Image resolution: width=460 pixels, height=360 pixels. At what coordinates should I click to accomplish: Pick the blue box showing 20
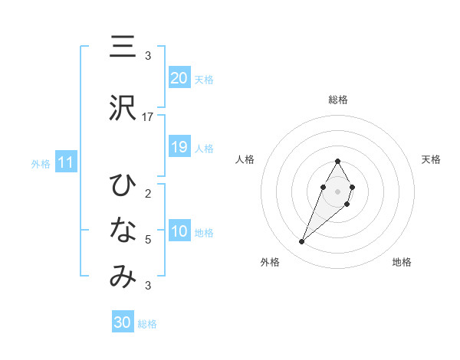pyautogui.click(x=179, y=78)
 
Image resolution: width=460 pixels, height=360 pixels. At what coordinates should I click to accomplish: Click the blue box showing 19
pyautogui.click(x=179, y=147)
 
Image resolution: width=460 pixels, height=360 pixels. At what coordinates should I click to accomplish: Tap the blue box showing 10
pyautogui.click(x=179, y=231)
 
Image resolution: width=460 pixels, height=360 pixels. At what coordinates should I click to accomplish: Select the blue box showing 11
pyautogui.click(x=66, y=162)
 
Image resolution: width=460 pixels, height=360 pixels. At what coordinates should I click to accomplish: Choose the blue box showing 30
pyautogui.click(x=123, y=322)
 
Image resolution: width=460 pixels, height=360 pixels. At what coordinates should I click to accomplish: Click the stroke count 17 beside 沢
pyautogui.click(x=148, y=117)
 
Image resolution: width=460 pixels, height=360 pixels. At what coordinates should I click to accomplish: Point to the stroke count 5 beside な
pyautogui.click(x=148, y=240)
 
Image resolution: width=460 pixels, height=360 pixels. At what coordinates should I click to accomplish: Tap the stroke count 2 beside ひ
pyautogui.click(x=148, y=193)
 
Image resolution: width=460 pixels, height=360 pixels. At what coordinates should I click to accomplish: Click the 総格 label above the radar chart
pyautogui.click(x=338, y=100)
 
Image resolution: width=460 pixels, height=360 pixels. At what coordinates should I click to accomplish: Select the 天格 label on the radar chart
pyautogui.click(x=432, y=159)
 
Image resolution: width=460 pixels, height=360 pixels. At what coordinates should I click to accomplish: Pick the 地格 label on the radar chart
pyautogui.click(x=402, y=262)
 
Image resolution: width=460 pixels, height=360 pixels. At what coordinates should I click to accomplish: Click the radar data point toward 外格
pyautogui.click(x=301, y=242)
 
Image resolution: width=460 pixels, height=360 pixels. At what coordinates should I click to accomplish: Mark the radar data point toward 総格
pyautogui.click(x=338, y=161)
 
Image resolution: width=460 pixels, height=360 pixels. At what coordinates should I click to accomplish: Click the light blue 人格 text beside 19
pyautogui.click(x=204, y=148)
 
